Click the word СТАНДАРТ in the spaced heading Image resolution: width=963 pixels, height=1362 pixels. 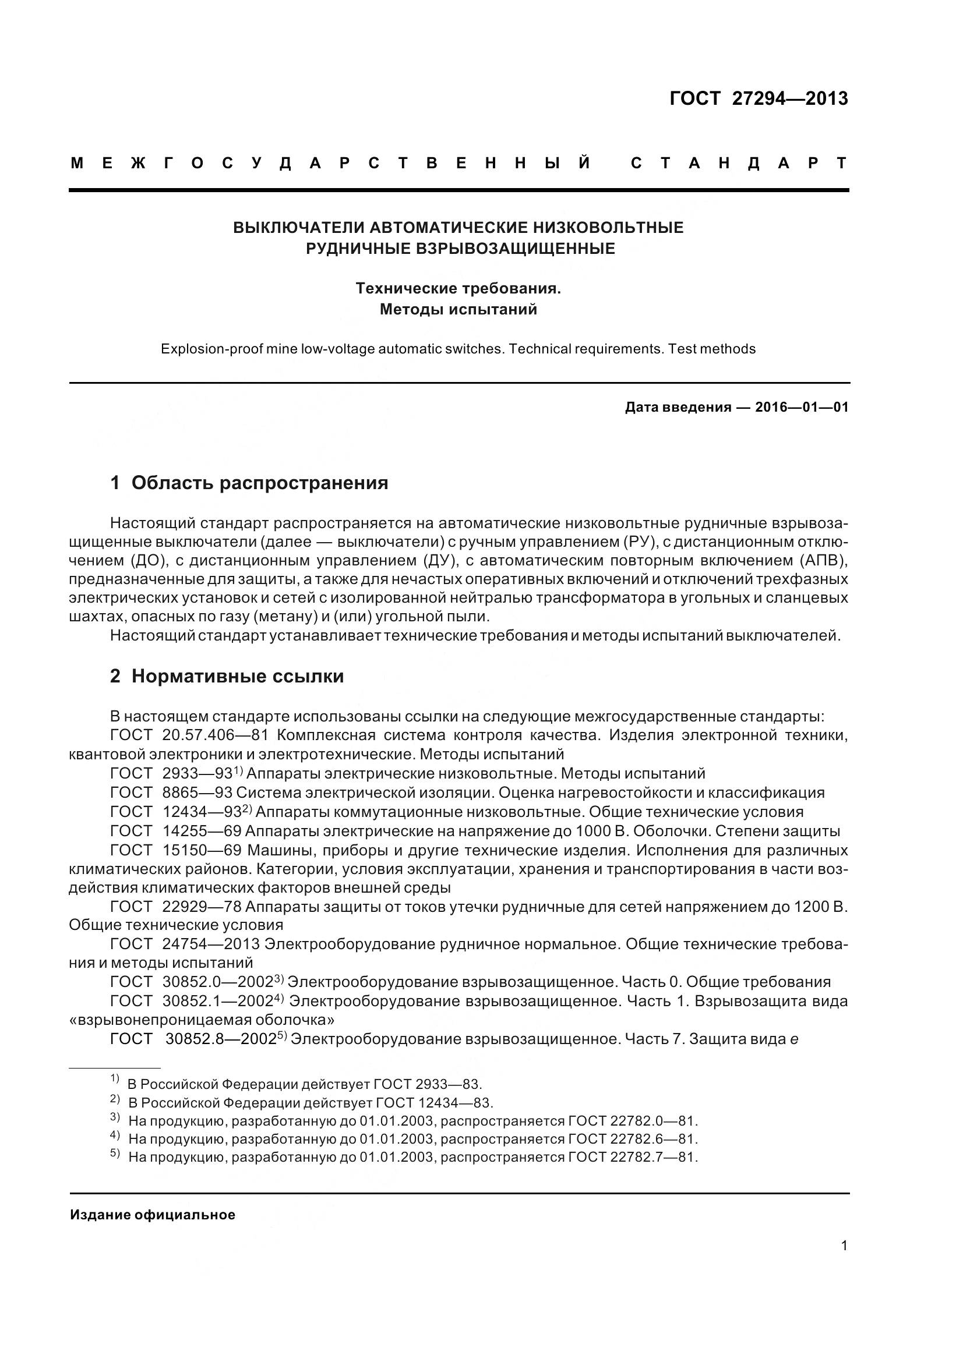(x=739, y=163)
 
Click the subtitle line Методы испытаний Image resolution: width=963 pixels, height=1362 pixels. (x=458, y=310)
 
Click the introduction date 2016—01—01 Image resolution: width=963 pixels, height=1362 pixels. (x=802, y=407)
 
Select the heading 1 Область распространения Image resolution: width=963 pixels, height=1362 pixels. (x=249, y=483)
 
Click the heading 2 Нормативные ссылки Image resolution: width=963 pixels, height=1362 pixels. (x=227, y=676)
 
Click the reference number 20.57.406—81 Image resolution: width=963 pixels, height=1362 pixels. (x=215, y=735)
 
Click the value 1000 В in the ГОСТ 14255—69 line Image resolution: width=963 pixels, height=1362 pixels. (x=616, y=831)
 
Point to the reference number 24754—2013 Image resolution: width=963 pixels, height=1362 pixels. (x=211, y=944)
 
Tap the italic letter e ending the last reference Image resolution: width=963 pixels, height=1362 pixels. (x=794, y=1039)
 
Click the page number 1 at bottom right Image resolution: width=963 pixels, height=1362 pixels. (x=844, y=1246)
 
